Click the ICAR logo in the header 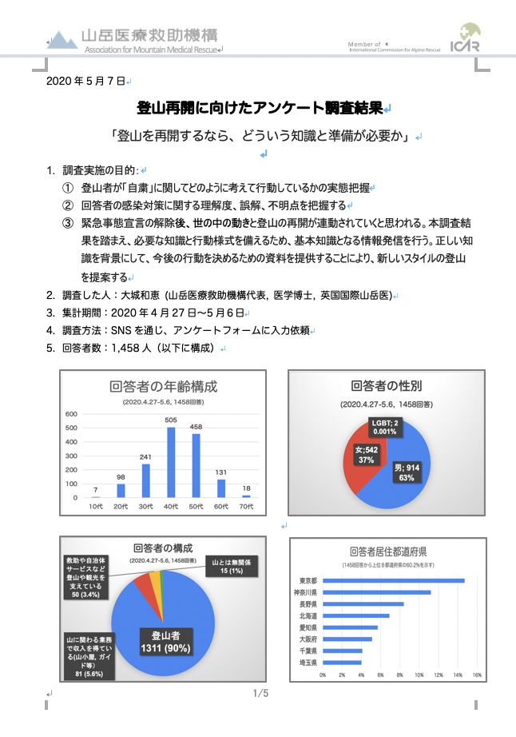465,38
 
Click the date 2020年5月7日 84,82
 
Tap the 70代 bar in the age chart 246,496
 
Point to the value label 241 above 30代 145,457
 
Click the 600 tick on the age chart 70,414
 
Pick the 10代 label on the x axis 95,507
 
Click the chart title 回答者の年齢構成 164,388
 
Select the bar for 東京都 393,580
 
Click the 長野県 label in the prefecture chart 308,604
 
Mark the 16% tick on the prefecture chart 476,675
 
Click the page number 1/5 260,693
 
